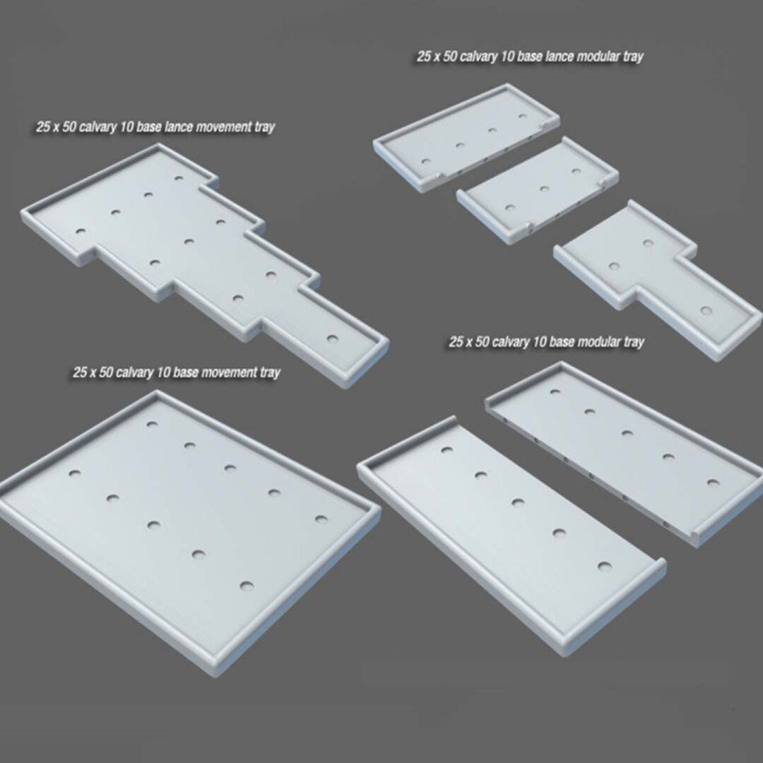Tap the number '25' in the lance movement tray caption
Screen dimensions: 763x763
pyautogui.click(x=44, y=128)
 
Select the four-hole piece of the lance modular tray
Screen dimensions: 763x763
pyautogui.click(x=466, y=138)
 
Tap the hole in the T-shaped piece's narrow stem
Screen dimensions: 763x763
pyautogui.click(x=705, y=310)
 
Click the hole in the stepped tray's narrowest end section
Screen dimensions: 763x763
pyautogui.click(x=333, y=338)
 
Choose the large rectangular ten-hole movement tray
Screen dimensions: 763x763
pyautogui.click(x=184, y=523)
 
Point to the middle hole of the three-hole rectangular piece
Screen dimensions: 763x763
pyautogui.click(x=544, y=188)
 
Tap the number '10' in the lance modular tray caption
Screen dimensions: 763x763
pyautogui.click(x=508, y=57)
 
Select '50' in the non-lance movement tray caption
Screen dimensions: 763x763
pyautogui.click(x=106, y=372)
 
